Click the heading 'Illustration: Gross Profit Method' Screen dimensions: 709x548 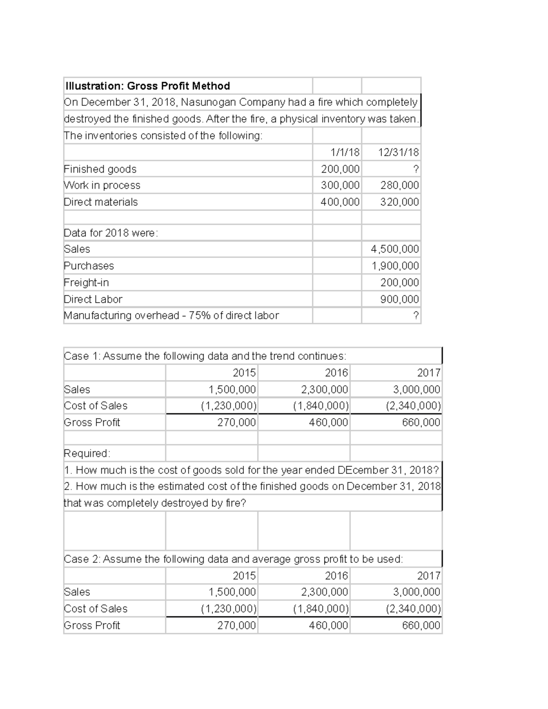(x=148, y=86)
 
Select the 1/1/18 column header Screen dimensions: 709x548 (x=345, y=152)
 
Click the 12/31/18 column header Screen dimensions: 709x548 (x=398, y=152)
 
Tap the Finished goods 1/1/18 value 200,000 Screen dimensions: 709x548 (x=340, y=169)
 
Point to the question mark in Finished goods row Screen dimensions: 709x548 (x=416, y=169)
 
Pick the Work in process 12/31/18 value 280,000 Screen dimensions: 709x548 (x=399, y=185)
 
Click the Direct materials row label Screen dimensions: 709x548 (x=100, y=202)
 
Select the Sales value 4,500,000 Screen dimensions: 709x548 (x=395, y=249)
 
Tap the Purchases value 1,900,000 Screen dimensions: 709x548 (x=395, y=266)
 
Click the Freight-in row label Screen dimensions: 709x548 (x=86, y=282)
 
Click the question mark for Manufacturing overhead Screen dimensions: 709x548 (x=416, y=315)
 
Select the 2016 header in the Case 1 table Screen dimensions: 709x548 (x=336, y=373)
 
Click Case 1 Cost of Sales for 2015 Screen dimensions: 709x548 (x=229, y=406)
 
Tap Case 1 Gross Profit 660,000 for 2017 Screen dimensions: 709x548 (x=421, y=422)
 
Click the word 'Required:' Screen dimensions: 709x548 (x=87, y=453)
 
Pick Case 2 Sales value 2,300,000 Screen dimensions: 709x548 (x=324, y=592)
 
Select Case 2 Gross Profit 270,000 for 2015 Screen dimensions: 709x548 (x=236, y=625)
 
